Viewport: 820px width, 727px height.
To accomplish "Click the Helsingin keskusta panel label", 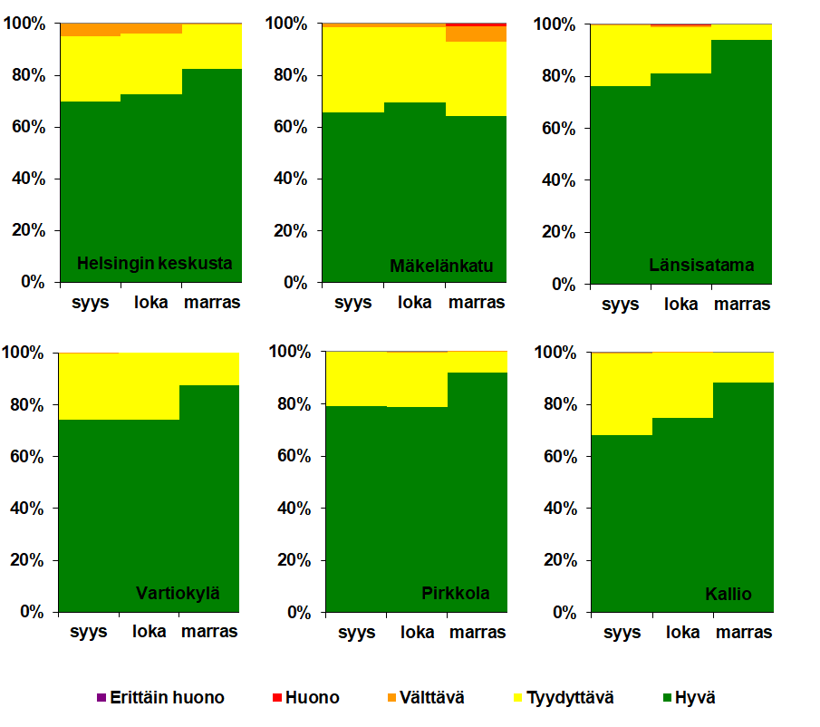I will (x=155, y=264).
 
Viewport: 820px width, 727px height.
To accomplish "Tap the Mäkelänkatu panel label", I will (x=441, y=266).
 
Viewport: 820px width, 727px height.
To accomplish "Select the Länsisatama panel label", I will (x=701, y=266).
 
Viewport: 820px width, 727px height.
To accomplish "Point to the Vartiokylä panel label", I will (x=178, y=595).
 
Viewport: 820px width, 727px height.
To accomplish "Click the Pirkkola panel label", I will (x=456, y=594).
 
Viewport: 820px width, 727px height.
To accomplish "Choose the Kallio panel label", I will (x=728, y=595).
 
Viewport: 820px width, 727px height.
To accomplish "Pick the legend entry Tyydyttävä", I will (x=569, y=698).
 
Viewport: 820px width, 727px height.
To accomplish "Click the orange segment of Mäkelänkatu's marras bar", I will (x=477, y=34).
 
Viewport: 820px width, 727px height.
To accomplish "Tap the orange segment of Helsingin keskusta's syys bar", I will (x=91, y=30).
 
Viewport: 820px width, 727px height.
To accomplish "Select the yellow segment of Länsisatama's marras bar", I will (x=742, y=33).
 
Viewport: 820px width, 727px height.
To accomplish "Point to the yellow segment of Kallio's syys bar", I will (x=622, y=393).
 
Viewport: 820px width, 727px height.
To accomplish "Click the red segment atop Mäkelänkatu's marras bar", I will (x=477, y=24).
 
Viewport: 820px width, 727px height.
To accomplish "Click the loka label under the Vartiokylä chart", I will (x=150, y=631).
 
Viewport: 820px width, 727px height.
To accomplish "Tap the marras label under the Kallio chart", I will (x=744, y=632).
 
